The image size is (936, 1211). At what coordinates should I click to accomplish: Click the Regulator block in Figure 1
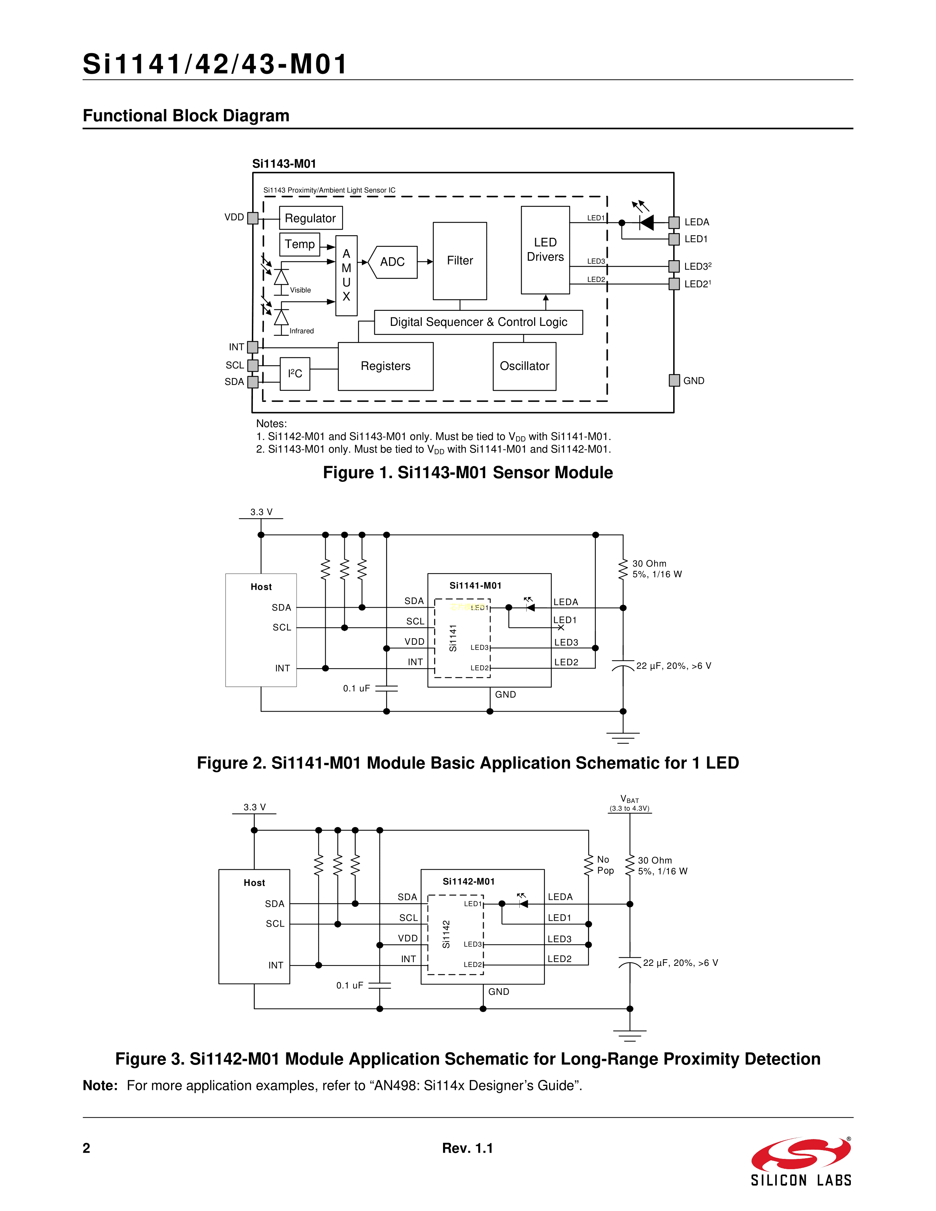[311, 218]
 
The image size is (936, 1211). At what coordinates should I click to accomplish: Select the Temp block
[300, 244]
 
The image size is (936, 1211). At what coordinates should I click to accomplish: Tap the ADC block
[393, 262]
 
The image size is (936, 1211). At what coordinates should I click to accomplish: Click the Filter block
[460, 261]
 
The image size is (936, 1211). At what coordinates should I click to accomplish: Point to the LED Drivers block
[545, 250]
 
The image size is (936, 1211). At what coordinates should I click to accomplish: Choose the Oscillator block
[525, 366]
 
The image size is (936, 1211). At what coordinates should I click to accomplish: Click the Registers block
[385, 366]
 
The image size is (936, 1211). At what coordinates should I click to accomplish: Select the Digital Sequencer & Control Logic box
[479, 322]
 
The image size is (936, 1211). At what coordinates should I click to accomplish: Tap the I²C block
[295, 374]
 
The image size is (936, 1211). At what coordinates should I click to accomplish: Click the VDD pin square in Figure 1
[253, 218]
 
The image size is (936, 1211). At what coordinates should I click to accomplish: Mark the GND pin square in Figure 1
[674, 381]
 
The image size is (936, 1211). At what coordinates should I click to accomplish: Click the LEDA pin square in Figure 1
[674, 222]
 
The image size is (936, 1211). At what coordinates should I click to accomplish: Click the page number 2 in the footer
[87, 1148]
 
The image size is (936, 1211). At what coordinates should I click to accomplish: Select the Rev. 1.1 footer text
[467, 1148]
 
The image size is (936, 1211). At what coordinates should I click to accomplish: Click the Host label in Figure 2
[261, 587]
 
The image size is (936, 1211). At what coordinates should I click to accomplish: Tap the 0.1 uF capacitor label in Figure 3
[350, 985]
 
